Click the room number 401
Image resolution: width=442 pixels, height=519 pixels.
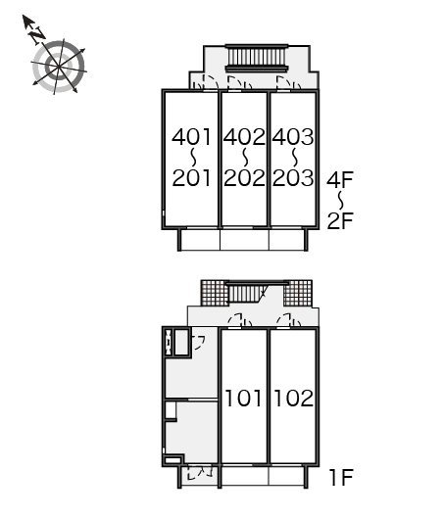pos(191,137)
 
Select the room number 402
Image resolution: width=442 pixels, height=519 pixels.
pos(244,137)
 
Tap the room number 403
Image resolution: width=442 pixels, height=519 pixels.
pos(293,137)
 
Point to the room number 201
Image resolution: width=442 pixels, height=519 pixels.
pos(191,178)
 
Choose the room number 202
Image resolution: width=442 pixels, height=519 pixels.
pos(244,178)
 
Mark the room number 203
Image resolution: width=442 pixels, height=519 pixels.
pos(293,178)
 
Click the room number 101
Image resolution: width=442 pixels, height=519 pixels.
pos(243,398)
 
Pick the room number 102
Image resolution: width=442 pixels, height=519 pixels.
pos(294,398)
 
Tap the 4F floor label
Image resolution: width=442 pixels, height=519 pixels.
pos(340,180)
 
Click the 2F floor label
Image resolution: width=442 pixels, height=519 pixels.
pos(340,220)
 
